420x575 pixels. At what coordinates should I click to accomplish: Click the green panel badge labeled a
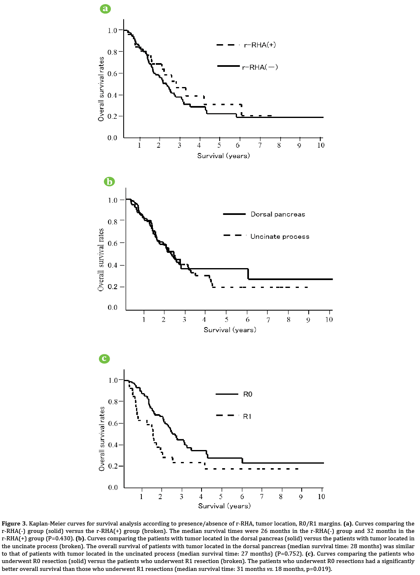106,9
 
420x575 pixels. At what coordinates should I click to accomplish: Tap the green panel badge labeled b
109,181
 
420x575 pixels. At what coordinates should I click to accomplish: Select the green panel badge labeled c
104,358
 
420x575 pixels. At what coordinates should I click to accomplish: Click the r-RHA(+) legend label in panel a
260,45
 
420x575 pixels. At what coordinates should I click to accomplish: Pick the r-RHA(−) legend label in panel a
260,67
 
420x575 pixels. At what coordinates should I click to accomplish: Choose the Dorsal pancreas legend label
278,214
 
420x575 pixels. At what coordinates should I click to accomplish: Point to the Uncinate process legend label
279,237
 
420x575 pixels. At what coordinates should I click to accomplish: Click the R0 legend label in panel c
247,394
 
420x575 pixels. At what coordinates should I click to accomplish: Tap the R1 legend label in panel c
247,417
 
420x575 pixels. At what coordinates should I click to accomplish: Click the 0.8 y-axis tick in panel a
113,52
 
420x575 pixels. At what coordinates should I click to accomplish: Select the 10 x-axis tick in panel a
321,145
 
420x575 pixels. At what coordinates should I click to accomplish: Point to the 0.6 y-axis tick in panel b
113,243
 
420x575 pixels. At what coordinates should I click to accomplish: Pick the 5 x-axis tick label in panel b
226,320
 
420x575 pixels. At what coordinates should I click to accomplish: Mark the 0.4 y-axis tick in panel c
113,445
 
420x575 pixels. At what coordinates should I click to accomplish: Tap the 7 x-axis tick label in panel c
261,497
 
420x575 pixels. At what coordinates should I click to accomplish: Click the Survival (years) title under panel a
223,156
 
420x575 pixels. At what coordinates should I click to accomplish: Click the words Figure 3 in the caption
14,524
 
